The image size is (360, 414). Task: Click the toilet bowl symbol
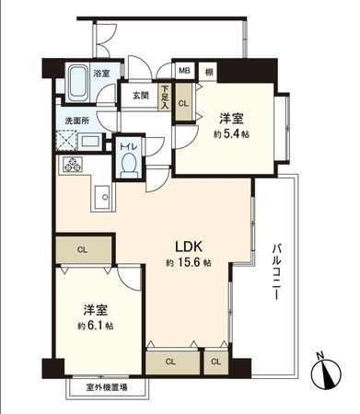[x=130, y=167]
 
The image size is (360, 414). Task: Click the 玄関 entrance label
[x=141, y=95]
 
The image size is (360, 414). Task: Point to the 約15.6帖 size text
[x=189, y=263]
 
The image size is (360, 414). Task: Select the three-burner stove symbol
[x=71, y=166]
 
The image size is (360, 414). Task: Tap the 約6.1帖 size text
[x=96, y=327]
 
